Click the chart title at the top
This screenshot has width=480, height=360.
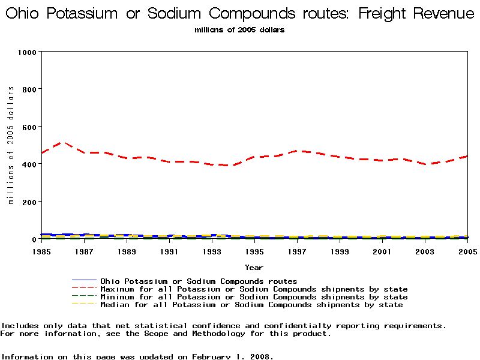pos(240,13)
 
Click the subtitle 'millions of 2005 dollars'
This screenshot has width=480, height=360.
pos(239,30)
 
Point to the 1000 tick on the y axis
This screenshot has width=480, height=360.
pos(26,52)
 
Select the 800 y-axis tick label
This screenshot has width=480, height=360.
pos(29,89)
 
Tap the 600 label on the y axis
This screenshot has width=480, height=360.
pos(29,127)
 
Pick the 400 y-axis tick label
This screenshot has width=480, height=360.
pos(29,164)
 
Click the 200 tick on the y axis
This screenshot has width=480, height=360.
pos(29,202)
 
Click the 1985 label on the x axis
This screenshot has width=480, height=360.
pos(41,251)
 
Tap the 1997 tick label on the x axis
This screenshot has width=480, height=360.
pos(296,251)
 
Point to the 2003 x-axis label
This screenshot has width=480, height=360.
pos(424,251)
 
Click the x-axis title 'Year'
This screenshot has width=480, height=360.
pos(254,267)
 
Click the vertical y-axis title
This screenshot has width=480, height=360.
pos(11,145)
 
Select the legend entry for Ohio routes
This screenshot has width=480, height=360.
pos(199,281)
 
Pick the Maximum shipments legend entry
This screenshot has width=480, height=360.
pos(254,289)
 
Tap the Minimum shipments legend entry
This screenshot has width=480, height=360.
pos(254,297)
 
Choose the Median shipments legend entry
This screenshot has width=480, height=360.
pos(251,305)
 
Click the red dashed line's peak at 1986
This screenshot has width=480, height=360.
pos(62,142)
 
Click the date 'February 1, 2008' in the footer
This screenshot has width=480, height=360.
pos(232,356)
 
